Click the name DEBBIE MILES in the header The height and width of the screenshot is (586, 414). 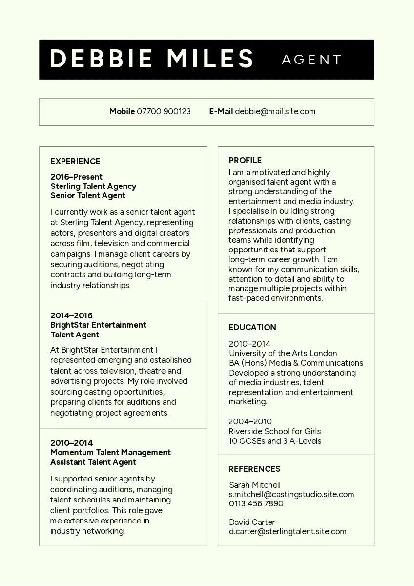tap(151, 59)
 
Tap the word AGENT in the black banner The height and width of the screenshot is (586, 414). tap(312, 60)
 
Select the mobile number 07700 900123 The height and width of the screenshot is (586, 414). tap(164, 111)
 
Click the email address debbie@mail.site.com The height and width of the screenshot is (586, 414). tap(275, 111)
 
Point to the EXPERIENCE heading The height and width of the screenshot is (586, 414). tap(75, 161)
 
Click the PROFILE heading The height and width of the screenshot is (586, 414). tap(245, 160)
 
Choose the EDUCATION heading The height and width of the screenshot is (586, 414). tap(252, 327)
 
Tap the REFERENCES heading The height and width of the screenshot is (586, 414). tap(254, 469)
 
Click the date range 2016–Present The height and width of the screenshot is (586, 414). tap(77, 177)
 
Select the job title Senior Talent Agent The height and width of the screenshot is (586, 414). tap(88, 195)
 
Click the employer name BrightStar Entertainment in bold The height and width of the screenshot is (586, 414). tap(98, 325)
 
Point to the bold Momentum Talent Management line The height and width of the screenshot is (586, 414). tap(110, 452)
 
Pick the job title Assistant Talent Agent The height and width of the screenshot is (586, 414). tap(93, 462)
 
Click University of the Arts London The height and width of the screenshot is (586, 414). tap(283, 353)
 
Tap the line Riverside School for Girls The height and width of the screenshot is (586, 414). tap(275, 431)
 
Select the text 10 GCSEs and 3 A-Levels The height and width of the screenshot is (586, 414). tap(275, 441)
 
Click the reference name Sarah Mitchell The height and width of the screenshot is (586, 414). tap(255, 485)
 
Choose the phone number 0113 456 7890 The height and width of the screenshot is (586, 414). tap(256, 503)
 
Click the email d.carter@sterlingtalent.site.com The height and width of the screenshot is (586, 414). tap(288, 531)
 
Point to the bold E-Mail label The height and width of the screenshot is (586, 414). tap(221, 111)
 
